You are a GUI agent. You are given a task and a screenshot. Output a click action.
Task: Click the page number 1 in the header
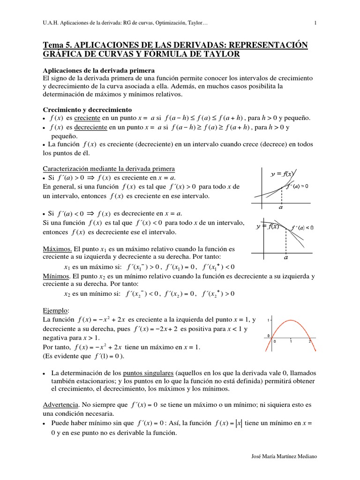(x=315, y=22)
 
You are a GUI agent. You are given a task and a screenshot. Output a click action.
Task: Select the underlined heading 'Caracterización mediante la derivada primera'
(x=108, y=168)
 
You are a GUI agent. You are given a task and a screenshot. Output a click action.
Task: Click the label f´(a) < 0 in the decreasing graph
(x=302, y=228)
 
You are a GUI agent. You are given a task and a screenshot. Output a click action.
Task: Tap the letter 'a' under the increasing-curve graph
(x=280, y=206)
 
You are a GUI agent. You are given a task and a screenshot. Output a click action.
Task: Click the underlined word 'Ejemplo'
(x=55, y=311)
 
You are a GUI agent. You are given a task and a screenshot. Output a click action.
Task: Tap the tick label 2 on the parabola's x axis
(x=309, y=342)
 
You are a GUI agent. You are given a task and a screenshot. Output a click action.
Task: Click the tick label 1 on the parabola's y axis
(x=268, y=320)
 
